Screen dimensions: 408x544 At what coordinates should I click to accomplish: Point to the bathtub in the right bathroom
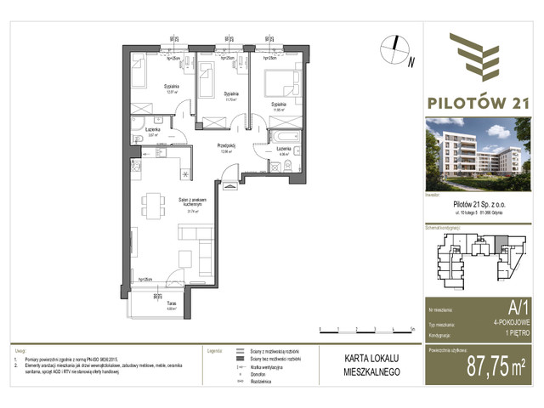281,137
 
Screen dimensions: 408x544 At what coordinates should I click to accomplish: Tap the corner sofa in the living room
201,252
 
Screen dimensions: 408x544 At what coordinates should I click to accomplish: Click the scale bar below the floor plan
365,327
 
